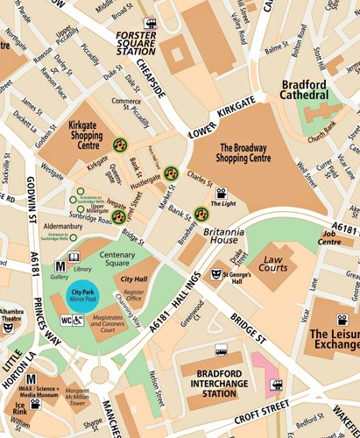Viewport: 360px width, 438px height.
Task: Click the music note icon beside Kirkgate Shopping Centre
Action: coord(120,145)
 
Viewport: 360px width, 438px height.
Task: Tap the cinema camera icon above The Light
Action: coord(222,193)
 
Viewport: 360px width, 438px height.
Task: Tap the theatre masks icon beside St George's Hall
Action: coord(215,274)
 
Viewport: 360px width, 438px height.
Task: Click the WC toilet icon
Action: coord(67,321)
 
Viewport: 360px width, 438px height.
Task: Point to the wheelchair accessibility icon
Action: coord(79,321)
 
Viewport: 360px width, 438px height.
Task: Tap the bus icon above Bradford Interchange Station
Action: coord(221,350)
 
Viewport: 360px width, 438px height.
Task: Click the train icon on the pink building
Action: coord(277,383)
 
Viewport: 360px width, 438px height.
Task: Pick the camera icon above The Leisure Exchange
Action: coord(342,320)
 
